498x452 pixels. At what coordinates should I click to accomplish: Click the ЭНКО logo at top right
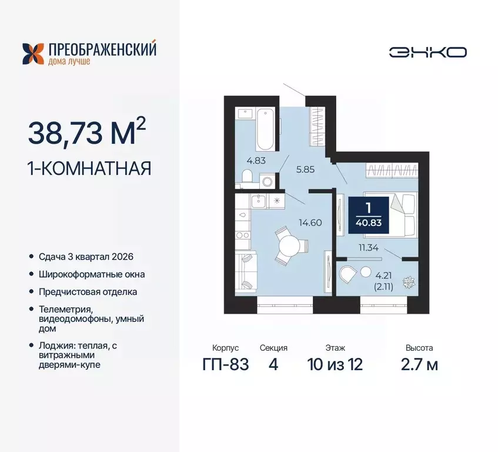(x=427, y=52)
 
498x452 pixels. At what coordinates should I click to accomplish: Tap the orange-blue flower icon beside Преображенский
(x=32, y=53)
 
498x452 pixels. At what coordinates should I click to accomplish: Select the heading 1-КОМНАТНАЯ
(x=89, y=168)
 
